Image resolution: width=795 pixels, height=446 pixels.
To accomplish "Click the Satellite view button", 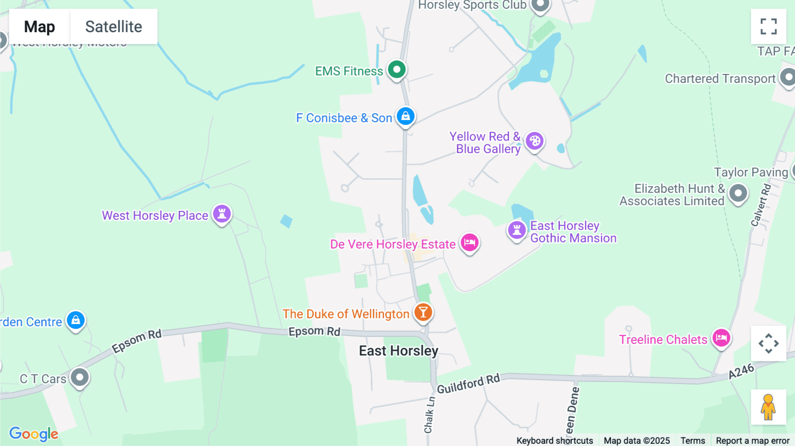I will pos(114,26).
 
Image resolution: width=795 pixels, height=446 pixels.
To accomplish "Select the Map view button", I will pos(39,26).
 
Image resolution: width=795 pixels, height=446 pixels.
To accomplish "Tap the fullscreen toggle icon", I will pos(768,26).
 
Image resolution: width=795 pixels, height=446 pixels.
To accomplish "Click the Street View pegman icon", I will pos(768,407).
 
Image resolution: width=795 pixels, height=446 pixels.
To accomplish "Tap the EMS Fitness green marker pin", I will pos(397,70).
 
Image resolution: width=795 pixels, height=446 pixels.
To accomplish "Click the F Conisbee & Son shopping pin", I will pos(405,117).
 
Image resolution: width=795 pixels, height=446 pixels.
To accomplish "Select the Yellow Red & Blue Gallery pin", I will pos(534,141).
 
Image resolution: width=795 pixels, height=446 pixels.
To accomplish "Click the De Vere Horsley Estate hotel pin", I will pos(469,242).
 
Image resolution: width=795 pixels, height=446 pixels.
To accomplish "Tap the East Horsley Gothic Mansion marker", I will pos(517,230).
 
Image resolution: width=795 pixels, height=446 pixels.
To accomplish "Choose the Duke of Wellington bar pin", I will pos(423,313).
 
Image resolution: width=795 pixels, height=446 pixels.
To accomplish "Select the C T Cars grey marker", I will pos(80,378).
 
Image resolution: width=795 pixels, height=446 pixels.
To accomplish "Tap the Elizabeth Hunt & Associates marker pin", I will pos(738,193).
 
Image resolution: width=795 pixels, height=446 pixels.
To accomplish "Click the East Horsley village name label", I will pos(398,351).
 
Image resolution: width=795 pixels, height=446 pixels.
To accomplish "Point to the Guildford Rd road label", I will pos(468,383).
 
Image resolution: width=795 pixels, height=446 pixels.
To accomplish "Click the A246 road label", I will pos(741,371).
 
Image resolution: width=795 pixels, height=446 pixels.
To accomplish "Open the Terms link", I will pos(693,441).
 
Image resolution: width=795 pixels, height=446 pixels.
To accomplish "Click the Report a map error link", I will pos(753,441).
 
